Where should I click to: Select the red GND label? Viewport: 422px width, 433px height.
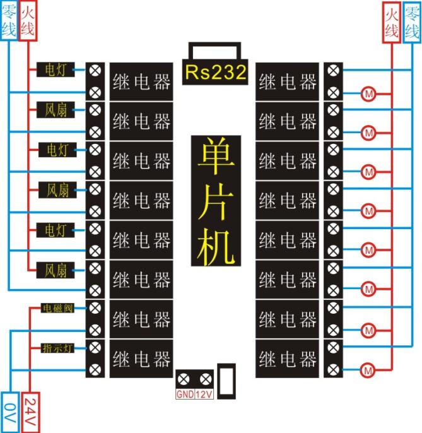[184, 396]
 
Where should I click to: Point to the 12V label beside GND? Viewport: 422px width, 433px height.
[205, 396]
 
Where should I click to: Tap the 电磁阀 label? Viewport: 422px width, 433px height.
[57, 309]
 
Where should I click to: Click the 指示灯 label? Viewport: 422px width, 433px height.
[57, 348]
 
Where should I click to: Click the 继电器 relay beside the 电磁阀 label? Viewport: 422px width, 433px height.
[142, 319]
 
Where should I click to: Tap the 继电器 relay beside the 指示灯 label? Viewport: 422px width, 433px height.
[142, 359]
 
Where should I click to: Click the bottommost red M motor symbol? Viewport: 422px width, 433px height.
[368, 369]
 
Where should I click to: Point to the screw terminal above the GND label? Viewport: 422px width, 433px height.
[184, 380]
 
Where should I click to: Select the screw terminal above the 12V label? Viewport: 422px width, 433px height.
[205, 380]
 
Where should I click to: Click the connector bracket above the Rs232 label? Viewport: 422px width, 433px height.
[214, 50]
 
